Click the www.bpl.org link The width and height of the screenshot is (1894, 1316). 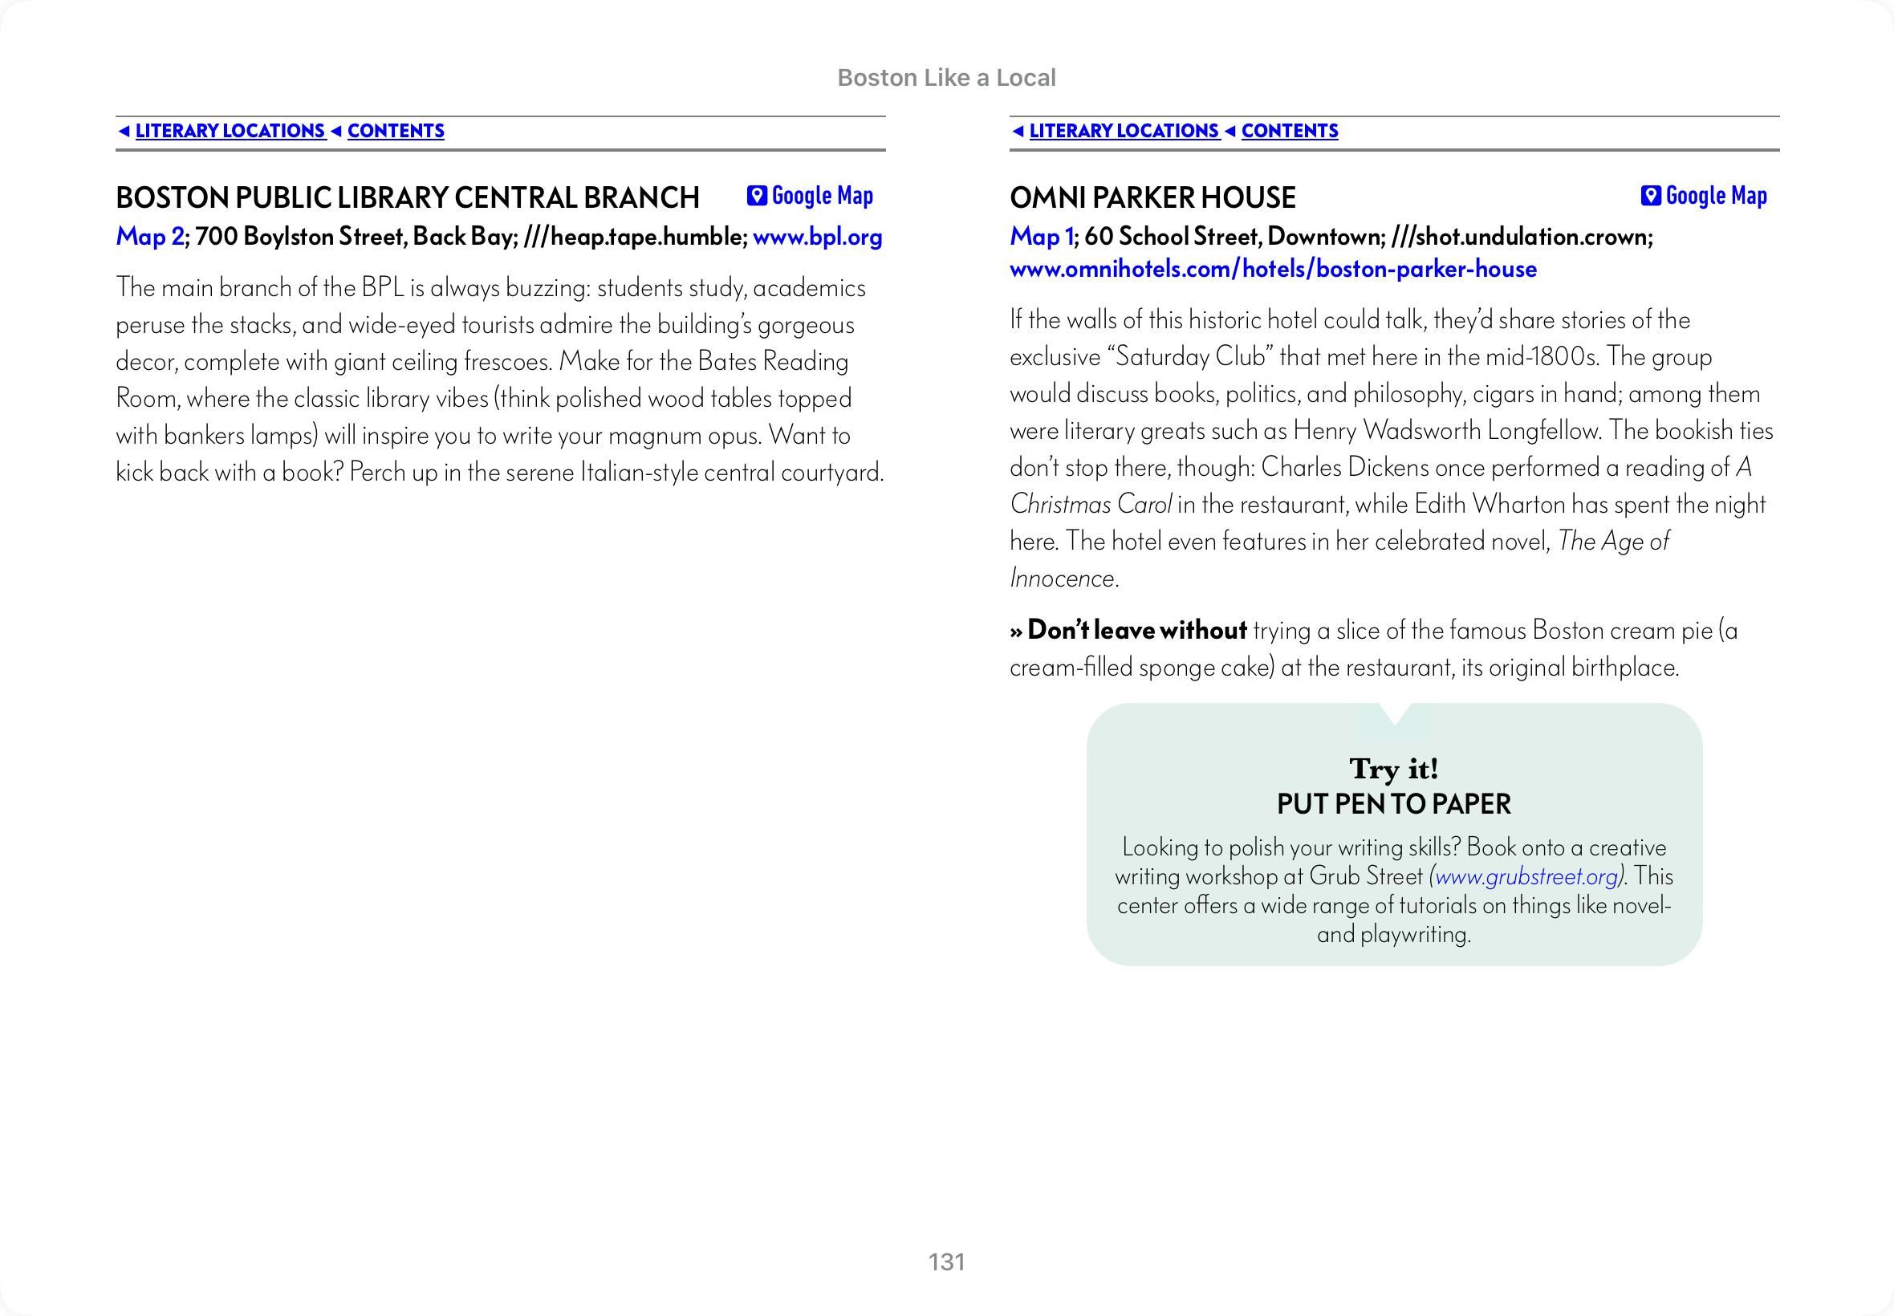tap(817, 238)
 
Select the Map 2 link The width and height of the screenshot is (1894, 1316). tap(149, 238)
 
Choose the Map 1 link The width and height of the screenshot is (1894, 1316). tap(1041, 238)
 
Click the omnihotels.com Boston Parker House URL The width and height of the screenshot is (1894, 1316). tap(1273, 270)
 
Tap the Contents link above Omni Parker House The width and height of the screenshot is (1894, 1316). tap(1289, 131)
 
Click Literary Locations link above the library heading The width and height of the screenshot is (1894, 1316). tap(230, 131)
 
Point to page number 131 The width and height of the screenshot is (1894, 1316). tap(946, 1262)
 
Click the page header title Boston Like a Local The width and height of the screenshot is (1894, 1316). tap(946, 78)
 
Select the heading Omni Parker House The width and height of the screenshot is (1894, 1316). tap(1152, 198)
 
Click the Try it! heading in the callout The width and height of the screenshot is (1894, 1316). tap(1393, 769)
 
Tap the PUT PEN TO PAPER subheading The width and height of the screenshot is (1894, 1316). tap(1393, 804)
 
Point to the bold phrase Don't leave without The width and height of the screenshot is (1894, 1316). tap(1136, 631)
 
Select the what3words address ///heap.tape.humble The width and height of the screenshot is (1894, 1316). tap(635, 238)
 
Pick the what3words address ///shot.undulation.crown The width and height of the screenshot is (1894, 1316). tap(1521, 238)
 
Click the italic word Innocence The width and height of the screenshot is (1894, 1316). tap(1062, 579)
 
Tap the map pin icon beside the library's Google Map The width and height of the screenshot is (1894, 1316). tap(756, 197)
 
